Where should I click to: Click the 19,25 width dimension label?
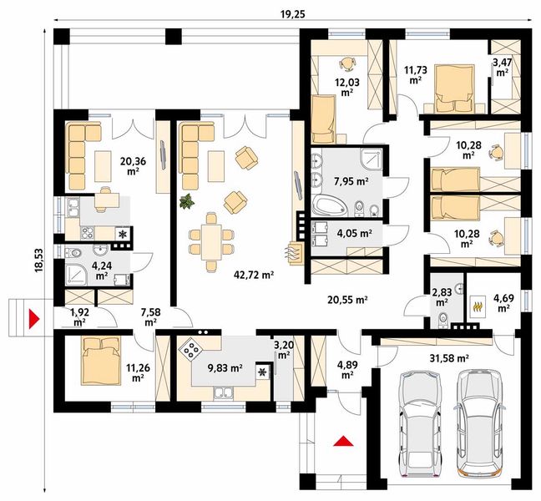[292, 14]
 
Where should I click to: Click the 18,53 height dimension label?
[38, 260]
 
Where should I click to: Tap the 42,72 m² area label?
[254, 275]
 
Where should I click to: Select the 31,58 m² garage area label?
[449, 358]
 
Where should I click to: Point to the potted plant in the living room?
[187, 201]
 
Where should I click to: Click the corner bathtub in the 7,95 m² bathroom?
[329, 205]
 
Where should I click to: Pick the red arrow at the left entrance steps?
[33, 318]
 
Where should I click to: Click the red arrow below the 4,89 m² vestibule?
[343, 441]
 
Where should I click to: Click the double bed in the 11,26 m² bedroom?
[101, 361]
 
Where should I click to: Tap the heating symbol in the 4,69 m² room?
[478, 306]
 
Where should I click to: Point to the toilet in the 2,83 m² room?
[442, 319]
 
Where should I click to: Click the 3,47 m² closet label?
[502, 68]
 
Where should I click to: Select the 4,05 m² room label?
[354, 234]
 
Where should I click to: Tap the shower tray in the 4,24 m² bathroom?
[76, 275]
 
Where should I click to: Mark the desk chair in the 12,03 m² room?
[346, 63]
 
